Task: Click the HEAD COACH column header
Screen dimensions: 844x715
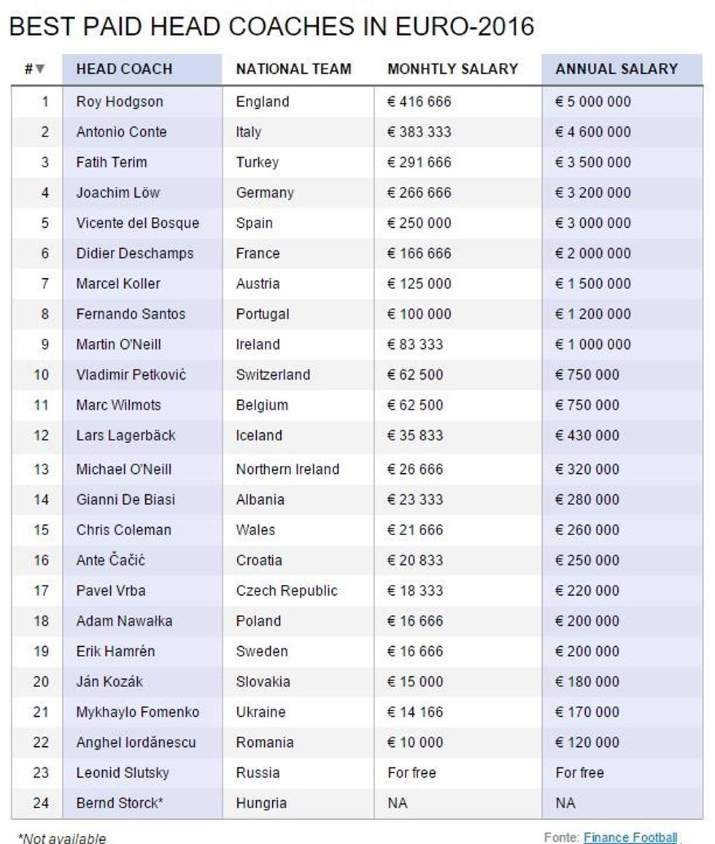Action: click(x=124, y=69)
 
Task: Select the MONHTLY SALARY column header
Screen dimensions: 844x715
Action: click(x=452, y=69)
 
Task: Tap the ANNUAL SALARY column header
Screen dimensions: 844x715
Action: click(x=617, y=69)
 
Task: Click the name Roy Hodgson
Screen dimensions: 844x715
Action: click(x=120, y=101)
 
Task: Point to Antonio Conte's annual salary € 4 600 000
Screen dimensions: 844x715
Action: click(x=593, y=132)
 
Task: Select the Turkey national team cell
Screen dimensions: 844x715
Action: click(x=257, y=162)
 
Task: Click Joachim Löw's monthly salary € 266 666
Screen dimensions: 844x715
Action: click(x=420, y=193)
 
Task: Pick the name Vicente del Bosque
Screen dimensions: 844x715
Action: click(x=137, y=223)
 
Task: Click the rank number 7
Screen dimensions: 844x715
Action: click(x=45, y=283)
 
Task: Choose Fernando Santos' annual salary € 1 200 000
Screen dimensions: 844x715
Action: click(x=593, y=314)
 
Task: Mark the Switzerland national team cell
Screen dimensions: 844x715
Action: click(x=273, y=375)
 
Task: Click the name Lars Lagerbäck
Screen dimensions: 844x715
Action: click(x=125, y=435)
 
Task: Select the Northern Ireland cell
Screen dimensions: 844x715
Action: click(x=287, y=469)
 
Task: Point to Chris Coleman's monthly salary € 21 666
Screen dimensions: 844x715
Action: click(x=415, y=530)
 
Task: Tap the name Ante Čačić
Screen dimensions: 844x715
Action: click(x=111, y=560)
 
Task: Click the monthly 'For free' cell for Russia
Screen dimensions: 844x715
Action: click(x=411, y=772)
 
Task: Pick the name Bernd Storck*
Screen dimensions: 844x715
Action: click(x=120, y=803)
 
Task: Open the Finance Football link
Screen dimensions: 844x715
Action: click(x=630, y=837)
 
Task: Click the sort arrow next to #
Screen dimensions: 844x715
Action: click(x=39, y=69)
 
